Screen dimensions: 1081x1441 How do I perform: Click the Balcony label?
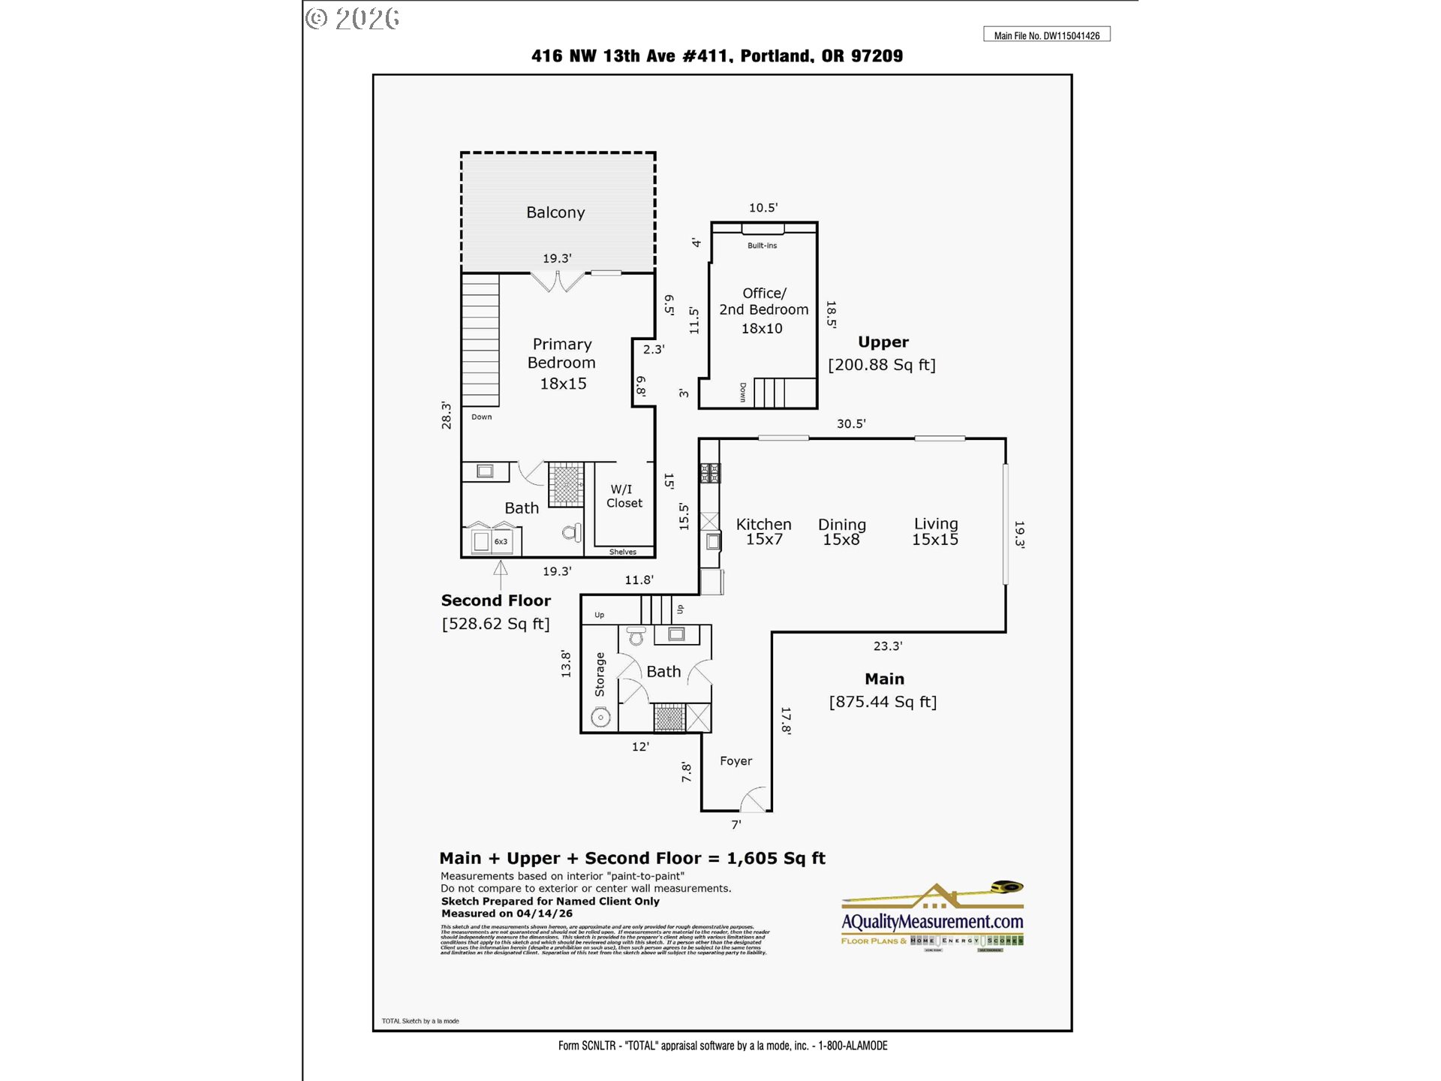[555, 212]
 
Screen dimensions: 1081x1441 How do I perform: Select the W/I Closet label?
[624, 496]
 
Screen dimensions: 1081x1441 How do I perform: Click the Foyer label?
[736, 761]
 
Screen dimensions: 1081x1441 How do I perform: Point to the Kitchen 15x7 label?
[763, 531]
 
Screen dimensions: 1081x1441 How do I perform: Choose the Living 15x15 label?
[935, 531]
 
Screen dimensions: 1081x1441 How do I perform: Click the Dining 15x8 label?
[841, 531]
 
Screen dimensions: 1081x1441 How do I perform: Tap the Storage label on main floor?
[600, 674]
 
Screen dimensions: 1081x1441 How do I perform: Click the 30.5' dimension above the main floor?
[851, 424]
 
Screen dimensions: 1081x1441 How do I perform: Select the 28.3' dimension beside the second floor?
[447, 415]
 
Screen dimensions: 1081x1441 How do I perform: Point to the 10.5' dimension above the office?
[763, 208]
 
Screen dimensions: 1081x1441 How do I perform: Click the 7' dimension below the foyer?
[736, 824]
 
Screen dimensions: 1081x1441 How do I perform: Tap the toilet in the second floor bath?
[572, 533]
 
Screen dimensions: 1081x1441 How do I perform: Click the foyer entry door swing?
[754, 800]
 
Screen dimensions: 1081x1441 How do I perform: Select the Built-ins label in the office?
[762, 245]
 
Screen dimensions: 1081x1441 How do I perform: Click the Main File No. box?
[1046, 35]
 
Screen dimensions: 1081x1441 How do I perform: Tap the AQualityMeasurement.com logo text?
[932, 921]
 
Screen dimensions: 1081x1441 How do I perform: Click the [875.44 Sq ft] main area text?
[883, 702]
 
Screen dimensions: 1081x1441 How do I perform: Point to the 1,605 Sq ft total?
[775, 858]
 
